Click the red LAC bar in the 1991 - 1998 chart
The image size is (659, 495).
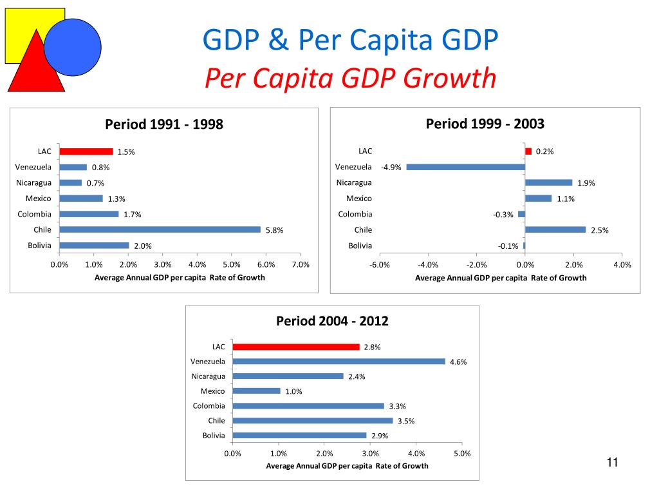[x=86, y=151]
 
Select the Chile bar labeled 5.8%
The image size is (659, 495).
[x=160, y=229]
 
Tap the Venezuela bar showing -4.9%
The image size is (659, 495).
[x=465, y=167]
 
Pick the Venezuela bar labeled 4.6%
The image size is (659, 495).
[x=339, y=362]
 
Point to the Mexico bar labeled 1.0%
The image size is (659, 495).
[x=256, y=391]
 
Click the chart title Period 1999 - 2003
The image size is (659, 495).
[x=485, y=124]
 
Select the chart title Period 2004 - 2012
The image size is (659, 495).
[x=332, y=321]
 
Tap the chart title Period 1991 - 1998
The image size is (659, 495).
[x=164, y=124]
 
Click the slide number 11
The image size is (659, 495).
[x=611, y=462]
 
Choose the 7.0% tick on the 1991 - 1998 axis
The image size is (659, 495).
[x=301, y=264]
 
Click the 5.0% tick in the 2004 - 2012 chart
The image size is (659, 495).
[x=462, y=454]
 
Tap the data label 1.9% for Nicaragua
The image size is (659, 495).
[x=586, y=183]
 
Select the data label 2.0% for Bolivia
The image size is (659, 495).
[x=142, y=246]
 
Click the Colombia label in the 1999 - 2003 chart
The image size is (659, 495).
[x=355, y=214]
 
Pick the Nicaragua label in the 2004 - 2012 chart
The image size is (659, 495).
[x=209, y=376]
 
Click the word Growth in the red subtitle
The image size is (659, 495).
[x=454, y=79]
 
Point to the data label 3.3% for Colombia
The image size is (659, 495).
[x=397, y=407]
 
